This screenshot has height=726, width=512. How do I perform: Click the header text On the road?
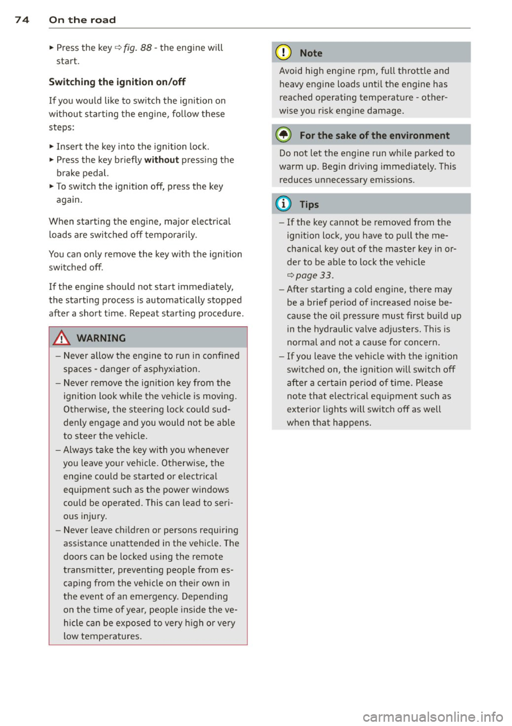click(x=82, y=20)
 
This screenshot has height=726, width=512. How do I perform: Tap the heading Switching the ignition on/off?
click(x=117, y=82)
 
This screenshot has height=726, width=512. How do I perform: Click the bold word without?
click(x=161, y=159)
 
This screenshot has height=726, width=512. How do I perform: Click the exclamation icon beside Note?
click(x=285, y=53)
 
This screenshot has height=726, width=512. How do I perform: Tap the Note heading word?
click(x=311, y=53)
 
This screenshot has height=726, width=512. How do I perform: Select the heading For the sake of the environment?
click(x=374, y=135)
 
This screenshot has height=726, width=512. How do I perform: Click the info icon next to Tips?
click(x=285, y=204)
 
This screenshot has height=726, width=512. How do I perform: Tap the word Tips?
click(x=309, y=204)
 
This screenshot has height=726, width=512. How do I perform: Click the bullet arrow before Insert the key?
click(x=51, y=146)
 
